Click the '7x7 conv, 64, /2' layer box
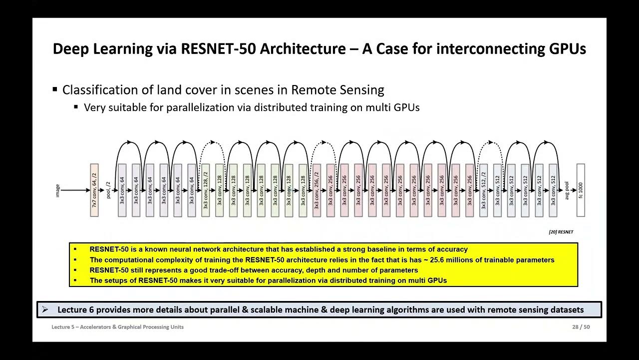pyautogui.click(x=94, y=190)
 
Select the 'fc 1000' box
pyautogui.click(x=580, y=190)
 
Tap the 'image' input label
pyautogui.click(x=58, y=190)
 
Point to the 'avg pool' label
pyautogui.click(x=567, y=190)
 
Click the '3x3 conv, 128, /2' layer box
pyautogui.click(x=205, y=190)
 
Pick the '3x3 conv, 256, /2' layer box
pyautogui.click(x=317, y=190)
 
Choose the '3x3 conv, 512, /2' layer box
pyautogui.click(x=483, y=190)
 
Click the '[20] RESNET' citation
pyautogui.click(x=561, y=232)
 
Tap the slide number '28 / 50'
pyautogui.click(x=581, y=327)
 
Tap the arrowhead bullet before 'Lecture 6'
pyautogui.click(x=45, y=310)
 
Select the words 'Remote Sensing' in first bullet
pyautogui.click(x=337, y=90)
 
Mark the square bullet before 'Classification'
pyautogui.click(x=55, y=90)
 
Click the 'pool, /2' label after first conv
pyautogui.click(x=108, y=190)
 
